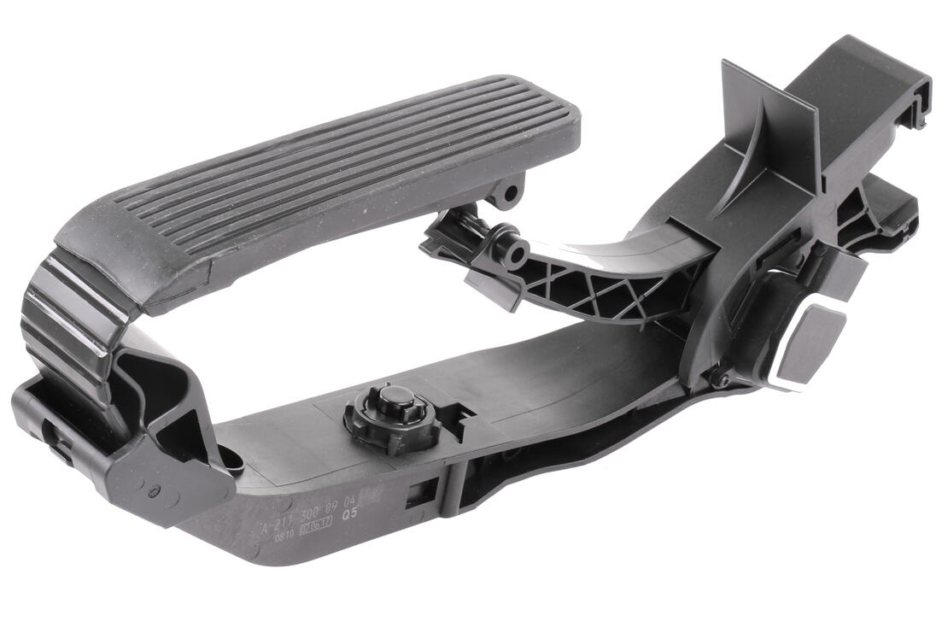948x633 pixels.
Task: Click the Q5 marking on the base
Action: [350, 515]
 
